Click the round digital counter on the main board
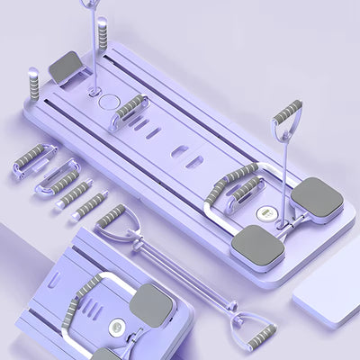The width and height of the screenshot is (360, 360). click(x=265, y=214)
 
